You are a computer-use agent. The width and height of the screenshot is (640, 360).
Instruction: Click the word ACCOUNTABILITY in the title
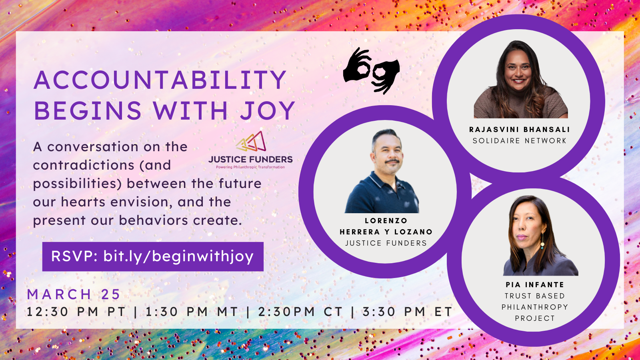pos(160,80)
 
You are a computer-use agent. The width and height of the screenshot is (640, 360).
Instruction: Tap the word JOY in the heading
pos(267,111)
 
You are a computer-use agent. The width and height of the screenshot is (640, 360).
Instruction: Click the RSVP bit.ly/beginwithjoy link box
pos(153,256)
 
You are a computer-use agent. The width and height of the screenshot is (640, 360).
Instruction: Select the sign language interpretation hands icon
pos(372,71)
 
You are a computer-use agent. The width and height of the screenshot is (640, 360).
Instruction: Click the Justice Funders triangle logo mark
pos(251,142)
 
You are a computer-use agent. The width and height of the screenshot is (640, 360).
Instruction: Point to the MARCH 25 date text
pos(74,294)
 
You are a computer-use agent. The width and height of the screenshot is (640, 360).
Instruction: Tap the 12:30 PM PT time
pos(76,312)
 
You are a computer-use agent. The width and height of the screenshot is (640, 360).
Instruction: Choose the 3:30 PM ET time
pos(407,312)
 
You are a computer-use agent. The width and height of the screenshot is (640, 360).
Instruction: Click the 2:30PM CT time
pos(300,312)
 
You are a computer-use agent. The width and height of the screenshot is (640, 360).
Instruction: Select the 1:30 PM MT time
pos(192,312)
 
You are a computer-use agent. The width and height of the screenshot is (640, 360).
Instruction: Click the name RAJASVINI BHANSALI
pos(519,130)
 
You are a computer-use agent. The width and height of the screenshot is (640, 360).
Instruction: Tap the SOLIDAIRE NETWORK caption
pos(519,141)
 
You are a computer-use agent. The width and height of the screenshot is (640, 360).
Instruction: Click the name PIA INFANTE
pos(535,285)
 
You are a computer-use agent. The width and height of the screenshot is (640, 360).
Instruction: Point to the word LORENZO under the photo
pos(386,221)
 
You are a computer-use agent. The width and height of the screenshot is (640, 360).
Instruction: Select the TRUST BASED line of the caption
pos(535,296)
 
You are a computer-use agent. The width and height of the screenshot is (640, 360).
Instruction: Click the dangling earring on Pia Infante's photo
pos(542,242)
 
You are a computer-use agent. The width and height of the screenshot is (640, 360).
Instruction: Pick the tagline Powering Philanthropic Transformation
pos(250,167)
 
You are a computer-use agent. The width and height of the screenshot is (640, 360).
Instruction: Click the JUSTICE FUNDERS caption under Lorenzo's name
pos(386,243)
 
